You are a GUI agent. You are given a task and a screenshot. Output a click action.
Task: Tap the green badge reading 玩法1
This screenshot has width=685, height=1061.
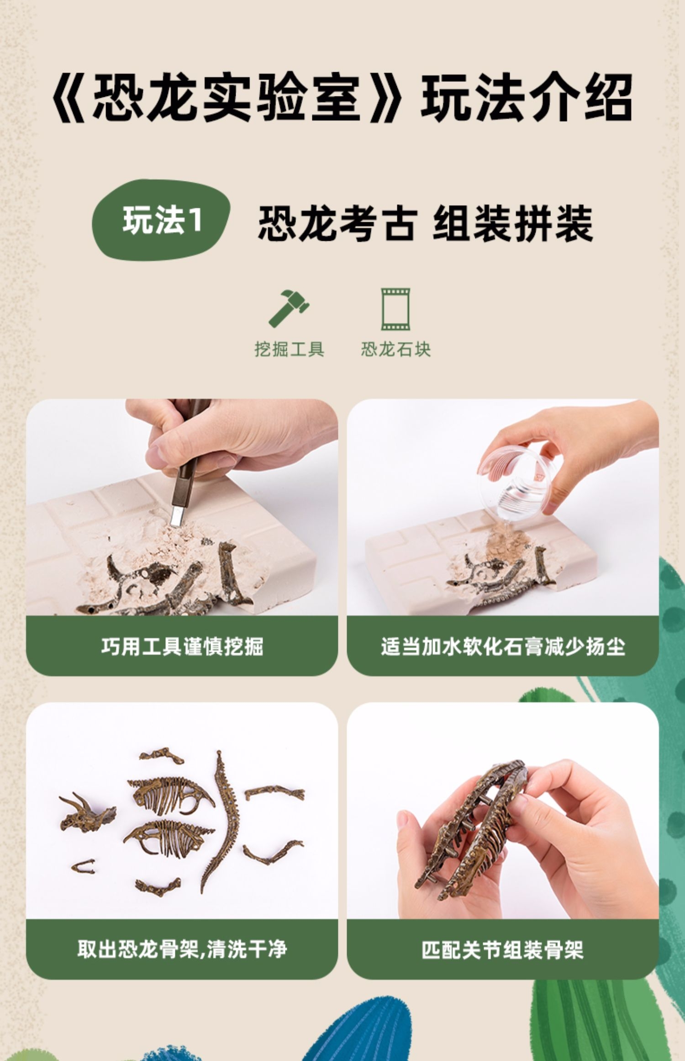(161, 220)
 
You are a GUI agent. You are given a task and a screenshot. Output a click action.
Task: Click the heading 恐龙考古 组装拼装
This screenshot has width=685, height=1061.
(426, 223)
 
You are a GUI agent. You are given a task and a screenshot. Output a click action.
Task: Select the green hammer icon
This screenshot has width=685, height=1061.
(289, 308)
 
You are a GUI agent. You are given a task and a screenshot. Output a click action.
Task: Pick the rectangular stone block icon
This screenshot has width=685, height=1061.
(395, 309)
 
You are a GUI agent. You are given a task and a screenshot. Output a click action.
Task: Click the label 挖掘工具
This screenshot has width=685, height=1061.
(289, 350)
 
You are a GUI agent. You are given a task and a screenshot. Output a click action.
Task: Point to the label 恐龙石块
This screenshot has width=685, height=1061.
(395, 350)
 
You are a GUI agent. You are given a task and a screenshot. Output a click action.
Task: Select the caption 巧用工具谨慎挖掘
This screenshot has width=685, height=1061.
(182, 647)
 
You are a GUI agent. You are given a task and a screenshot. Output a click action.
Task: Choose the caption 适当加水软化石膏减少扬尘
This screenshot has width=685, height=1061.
(503, 647)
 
